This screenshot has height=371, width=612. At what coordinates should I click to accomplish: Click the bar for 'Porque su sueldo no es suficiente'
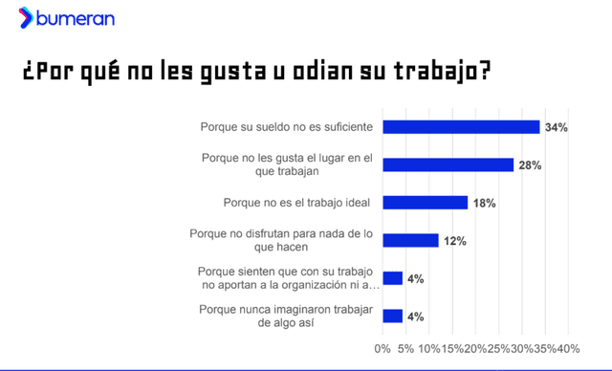coord(461,127)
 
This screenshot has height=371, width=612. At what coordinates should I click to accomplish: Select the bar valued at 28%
coord(448,164)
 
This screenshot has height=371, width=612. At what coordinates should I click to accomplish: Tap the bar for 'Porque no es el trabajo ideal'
coord(425,203)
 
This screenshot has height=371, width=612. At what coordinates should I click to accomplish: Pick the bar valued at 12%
coord(410,240)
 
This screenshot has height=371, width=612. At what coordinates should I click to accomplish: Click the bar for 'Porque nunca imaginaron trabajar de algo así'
coord(392,316)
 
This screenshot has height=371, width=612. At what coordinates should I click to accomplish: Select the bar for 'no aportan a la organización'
coord(392,278)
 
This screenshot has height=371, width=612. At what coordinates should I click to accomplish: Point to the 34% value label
coord(556,127)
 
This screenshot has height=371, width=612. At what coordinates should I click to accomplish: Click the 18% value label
coord(483,203)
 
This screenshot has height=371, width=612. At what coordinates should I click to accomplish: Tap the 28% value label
coord(530,165)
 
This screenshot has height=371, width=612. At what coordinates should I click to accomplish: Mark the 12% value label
coord(454,241)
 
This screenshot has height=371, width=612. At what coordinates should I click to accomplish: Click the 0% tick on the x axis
coord(382,347)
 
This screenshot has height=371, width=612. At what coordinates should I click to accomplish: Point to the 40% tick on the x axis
coord(567,347)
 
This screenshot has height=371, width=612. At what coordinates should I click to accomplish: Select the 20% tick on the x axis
coord(475,347)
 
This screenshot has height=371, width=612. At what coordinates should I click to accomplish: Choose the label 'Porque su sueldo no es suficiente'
coord(287,127)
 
